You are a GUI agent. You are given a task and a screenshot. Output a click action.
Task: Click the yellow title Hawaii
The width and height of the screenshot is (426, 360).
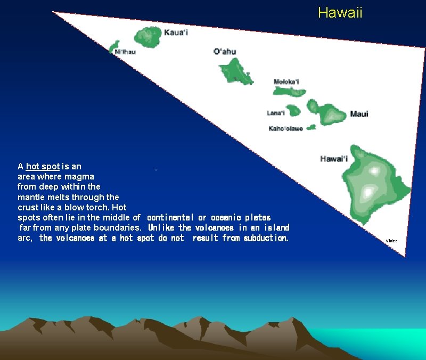(x=340, y=13)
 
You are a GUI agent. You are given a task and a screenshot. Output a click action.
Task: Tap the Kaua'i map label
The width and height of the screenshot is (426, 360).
(x=176, y=33)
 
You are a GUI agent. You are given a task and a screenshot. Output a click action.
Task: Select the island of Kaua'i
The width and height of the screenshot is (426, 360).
(x=147, y=37)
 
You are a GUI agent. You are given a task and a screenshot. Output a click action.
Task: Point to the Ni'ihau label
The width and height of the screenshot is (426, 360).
(x=125, y=52)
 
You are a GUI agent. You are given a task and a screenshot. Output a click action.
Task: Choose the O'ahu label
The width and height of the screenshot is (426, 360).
(x=225, y=52)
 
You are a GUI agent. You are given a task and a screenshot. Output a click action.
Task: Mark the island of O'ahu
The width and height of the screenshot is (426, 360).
(x=235, y=71)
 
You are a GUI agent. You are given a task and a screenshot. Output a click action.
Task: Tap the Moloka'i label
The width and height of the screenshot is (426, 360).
(x=286, y=81)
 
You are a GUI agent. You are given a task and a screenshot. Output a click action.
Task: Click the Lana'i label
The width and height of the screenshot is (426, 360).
(x=275, y=113)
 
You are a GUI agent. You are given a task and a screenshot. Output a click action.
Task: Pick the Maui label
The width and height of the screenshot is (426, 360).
(x=359, y=114)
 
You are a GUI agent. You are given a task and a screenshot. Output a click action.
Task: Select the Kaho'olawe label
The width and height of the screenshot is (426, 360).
(x=285, y=128)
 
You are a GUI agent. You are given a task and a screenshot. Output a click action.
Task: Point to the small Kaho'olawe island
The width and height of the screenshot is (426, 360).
(x=311, y=127)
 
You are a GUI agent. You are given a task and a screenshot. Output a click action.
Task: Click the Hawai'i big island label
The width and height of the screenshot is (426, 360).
(x=334, y=159)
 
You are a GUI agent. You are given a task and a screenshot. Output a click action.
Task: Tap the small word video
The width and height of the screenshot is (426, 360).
(x=391, y=241)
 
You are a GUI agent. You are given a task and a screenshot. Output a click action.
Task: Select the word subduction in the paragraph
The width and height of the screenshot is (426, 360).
(x=266, y=238)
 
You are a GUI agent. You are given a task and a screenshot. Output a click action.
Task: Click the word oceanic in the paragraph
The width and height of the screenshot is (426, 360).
(x=226, y=217)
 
